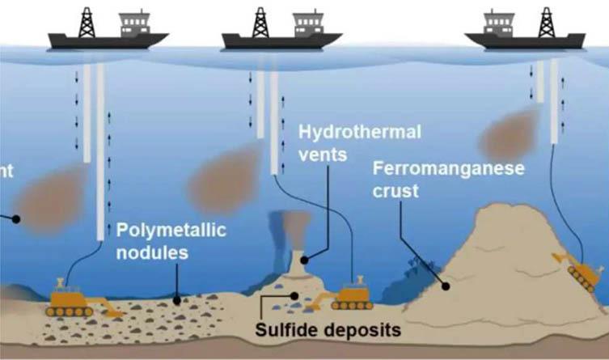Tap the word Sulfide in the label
[x=289, y=330]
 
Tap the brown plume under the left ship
[x=49, y=197]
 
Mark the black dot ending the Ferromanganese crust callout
[x=446, y=285]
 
